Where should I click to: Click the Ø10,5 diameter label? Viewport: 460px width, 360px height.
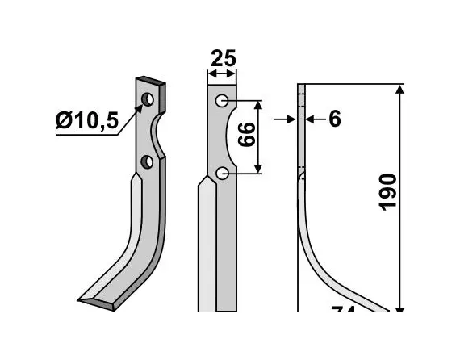87,120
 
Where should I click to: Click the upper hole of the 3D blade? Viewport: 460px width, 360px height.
148,100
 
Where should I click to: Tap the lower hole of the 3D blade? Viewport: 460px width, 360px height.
147,162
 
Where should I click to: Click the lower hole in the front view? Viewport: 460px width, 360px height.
222,172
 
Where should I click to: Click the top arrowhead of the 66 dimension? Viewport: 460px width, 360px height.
258,106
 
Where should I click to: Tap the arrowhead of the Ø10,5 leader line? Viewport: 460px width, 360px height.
142,107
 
